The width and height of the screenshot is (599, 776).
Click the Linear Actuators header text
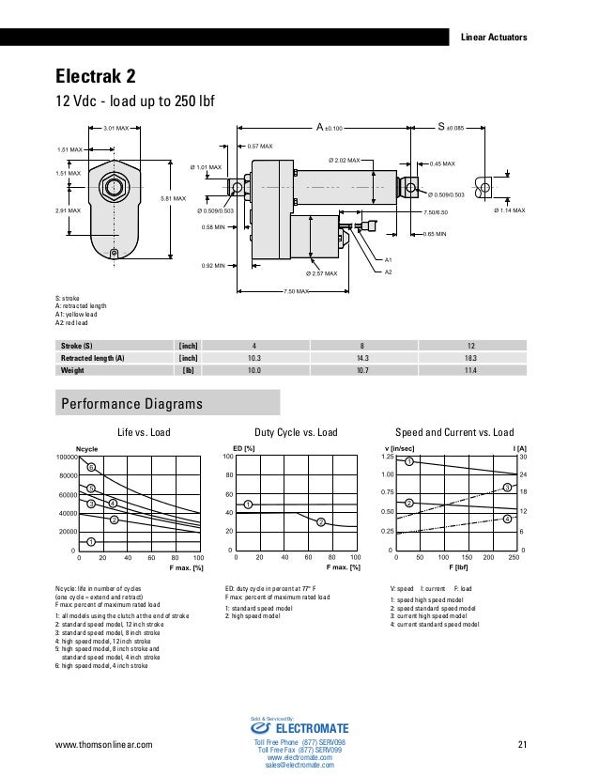[x=493, y=38]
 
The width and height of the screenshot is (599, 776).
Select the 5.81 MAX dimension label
[x=173, y=198]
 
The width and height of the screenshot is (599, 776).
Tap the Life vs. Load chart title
[x=142, y=433]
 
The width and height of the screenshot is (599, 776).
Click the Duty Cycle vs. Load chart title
[x=297, y=433]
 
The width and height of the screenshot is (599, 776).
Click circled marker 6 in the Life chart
[x=91, y=467]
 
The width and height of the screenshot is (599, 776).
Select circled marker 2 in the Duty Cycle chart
[x=320, y=521]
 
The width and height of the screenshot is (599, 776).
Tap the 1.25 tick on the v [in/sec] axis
[x=386, y=457]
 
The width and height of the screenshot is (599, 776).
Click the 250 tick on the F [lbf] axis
[x=512, y=558]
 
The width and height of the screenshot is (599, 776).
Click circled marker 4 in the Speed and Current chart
[x=507, y=519]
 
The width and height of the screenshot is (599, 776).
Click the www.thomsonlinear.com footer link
[x=103, y=746]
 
